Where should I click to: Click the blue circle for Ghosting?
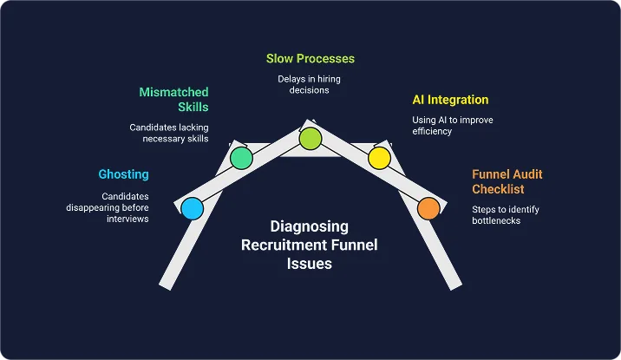tap(193, 208)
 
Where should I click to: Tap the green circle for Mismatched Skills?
tap(241, 158)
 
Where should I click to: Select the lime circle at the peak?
tap(310, 138)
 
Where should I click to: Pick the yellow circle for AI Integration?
tap(379, 158)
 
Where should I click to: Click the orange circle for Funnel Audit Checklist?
tap(428, 208)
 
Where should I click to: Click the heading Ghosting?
tap(123, 174)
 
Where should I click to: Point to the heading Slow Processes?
tap(310, 59)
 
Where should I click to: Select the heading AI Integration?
tap(450, 100)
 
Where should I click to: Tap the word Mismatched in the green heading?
tap(174, 91)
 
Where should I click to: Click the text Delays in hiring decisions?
tap(310, 83)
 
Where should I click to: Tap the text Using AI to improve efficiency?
tap(452, 125)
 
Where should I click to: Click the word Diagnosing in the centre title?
tap(309, 226)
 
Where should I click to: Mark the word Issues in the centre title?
tap(310, 264)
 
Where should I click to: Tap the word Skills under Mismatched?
tap(193, 107)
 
